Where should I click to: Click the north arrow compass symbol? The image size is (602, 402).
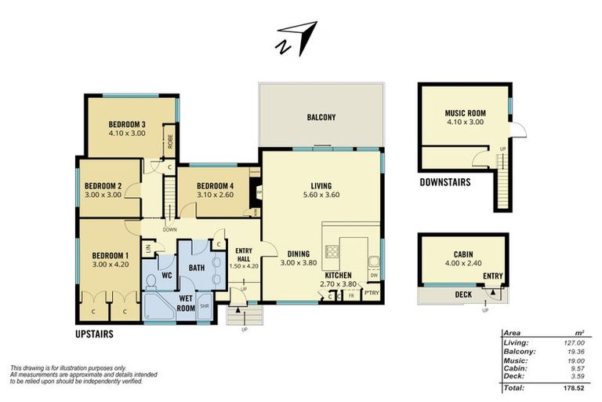click(x=296, y=38)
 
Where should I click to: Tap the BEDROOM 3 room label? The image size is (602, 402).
click(x=127, y=124)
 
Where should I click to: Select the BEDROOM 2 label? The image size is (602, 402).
click(x=103, y=185)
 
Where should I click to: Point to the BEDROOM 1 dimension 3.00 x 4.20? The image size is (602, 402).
click(x=110, y=265)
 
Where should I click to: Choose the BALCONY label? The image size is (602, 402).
click(x=321, y=118)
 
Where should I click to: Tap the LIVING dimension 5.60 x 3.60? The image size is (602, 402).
click(x=320, y=196)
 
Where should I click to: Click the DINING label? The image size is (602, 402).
click(x=298, y=254)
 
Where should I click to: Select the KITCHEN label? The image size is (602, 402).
click(x=339, y=276)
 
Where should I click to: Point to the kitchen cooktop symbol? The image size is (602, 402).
click(x=332, y=252)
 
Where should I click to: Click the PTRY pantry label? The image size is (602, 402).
click(x=372, y=294)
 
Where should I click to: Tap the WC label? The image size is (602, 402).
click(x=166, y=276)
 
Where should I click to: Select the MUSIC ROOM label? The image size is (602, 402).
click(x=466, y=113)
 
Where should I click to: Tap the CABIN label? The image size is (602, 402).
click(x=463, y=254)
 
